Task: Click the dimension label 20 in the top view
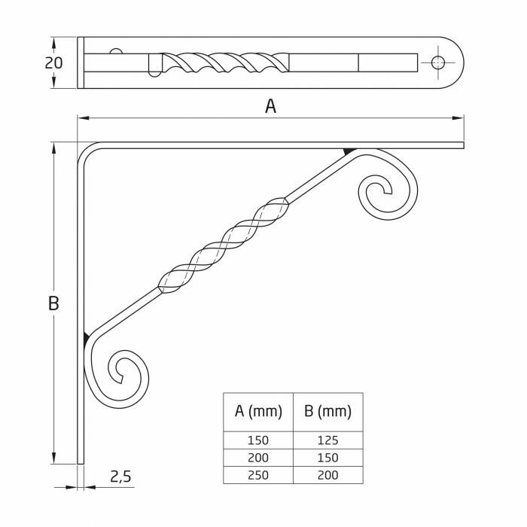click(x=53, y=62)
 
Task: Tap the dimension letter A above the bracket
click(x=270, y=106)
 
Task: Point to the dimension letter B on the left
click(x=53, y=303)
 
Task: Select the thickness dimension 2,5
click(x=121, y=476)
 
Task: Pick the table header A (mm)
click(x=258, y=412)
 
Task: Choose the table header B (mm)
click(x=327, y=412)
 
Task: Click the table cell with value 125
click(x=327, y=440)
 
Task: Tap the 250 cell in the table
click(x=258, y=475)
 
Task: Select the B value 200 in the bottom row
click(x=327, y=475)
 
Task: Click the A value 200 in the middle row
click(x=258, y=458)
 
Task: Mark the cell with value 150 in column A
click(x=258, y=440)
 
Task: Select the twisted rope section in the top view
click(x=226, y=62)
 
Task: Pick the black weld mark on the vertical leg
click(x=87, y=336)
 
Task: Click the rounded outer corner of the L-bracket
click(x=84, y=148)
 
